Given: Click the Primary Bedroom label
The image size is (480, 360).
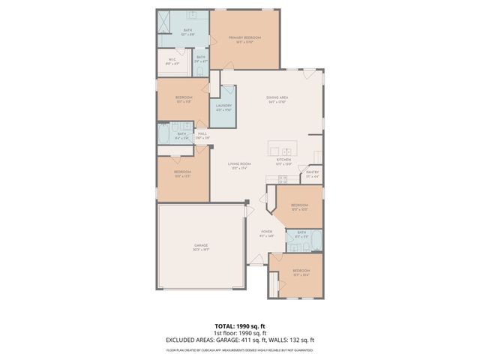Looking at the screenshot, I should (244, 39).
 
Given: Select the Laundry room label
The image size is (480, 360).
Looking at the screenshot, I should (223, 107).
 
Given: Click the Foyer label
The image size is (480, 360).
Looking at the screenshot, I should (266, 233).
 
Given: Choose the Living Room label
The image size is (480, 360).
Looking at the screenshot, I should (240, 165).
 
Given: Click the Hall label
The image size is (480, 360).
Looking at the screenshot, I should (202, 135).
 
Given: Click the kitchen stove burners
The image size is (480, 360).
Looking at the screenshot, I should (283, 179).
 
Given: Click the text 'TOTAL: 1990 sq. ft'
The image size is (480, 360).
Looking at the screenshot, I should (240, 326).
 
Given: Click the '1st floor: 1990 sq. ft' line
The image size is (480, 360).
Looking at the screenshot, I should (240, 333).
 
